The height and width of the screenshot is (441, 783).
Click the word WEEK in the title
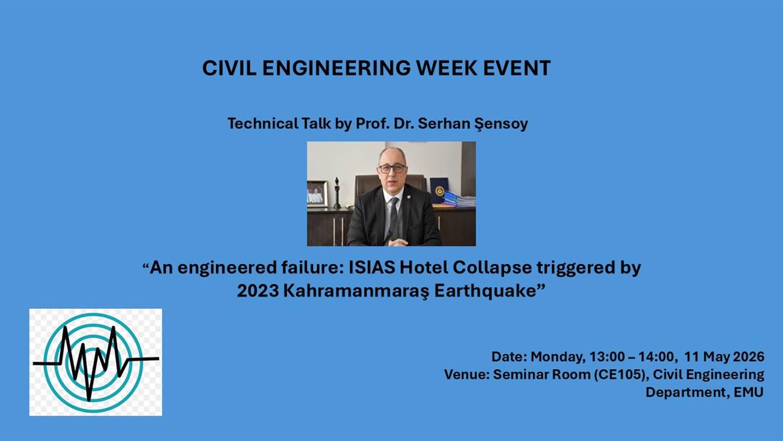(446, 68)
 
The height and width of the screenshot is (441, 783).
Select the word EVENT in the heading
(517, 68)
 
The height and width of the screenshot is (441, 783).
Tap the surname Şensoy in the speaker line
(501, 124)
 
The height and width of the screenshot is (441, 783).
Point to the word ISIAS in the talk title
(372, 268)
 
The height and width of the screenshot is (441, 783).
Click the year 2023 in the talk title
(258, 291)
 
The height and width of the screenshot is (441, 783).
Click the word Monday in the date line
(558, 357)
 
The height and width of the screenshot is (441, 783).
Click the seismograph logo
(95, 362)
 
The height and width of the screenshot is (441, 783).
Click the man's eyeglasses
(393, 169)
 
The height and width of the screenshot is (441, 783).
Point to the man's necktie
(393, 217)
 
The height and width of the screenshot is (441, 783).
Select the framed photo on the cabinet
(317, 194)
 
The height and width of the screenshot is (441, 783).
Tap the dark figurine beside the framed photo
(337, 193)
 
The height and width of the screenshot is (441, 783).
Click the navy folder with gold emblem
(439, 190)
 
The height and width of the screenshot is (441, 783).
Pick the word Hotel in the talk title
(423, 268)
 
